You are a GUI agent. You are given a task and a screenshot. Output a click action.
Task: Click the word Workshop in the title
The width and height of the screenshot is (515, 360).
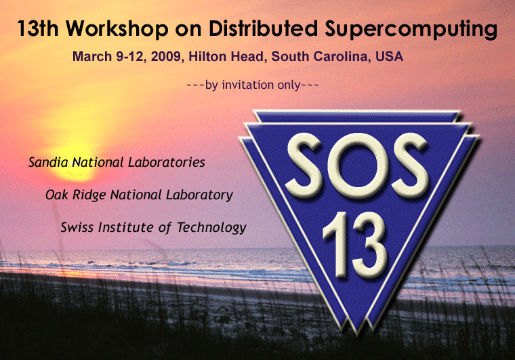pos(117,28)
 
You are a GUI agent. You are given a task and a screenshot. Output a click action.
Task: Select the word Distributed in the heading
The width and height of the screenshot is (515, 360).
pos(263,28)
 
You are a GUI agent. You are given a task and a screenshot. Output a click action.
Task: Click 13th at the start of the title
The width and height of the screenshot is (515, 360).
pos(37,28)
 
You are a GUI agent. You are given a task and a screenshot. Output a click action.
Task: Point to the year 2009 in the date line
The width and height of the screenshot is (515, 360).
pos(166,56)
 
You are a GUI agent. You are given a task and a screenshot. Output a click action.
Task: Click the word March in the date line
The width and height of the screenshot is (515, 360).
pos(92,56)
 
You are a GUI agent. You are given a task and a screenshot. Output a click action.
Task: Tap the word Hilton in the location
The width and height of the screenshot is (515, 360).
pos(207,56)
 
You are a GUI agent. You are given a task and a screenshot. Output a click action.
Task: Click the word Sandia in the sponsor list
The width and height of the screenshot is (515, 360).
pos(48,162)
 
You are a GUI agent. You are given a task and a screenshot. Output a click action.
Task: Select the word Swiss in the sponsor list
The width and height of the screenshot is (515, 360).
pos(77,227)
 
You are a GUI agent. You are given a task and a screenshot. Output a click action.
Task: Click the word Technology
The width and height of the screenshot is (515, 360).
pos(211,228)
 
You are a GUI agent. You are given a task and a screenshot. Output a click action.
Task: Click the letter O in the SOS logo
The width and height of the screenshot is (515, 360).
pos(358,166)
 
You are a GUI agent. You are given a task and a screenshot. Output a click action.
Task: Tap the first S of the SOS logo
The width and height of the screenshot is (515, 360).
pos(304,166)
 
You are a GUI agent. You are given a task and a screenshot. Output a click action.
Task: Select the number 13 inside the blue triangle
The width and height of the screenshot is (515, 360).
pos(354,244)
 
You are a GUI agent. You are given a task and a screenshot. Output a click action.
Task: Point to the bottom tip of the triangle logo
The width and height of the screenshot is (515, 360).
pos(356,335)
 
